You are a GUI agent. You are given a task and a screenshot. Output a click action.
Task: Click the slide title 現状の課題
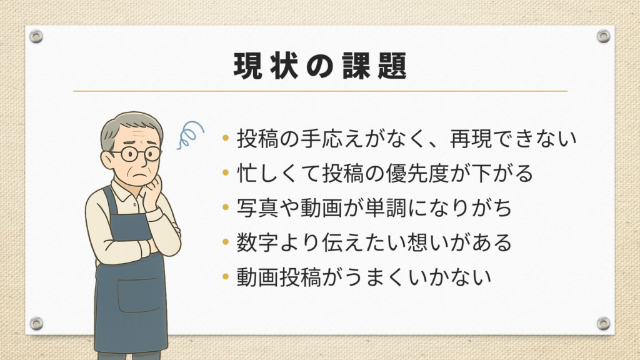click(x=321, y=66)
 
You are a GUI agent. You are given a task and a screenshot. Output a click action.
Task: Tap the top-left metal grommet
click(x=36, y=36)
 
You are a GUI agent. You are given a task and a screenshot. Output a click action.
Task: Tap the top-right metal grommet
click(x=603, y=36)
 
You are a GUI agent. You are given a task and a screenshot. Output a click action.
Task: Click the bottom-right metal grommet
click(x=603, y=323)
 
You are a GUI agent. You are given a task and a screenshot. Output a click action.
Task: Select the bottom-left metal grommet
click(x=36, y=323)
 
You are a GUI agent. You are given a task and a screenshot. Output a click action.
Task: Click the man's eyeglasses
click(x=136, y=154)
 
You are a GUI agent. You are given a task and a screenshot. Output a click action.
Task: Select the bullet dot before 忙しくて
click(x=226, y=172)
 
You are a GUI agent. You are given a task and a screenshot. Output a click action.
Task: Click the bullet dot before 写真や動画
click(x=226, y=207)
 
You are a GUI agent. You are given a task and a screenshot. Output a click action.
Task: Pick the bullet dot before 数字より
click(x=226, y=242)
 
